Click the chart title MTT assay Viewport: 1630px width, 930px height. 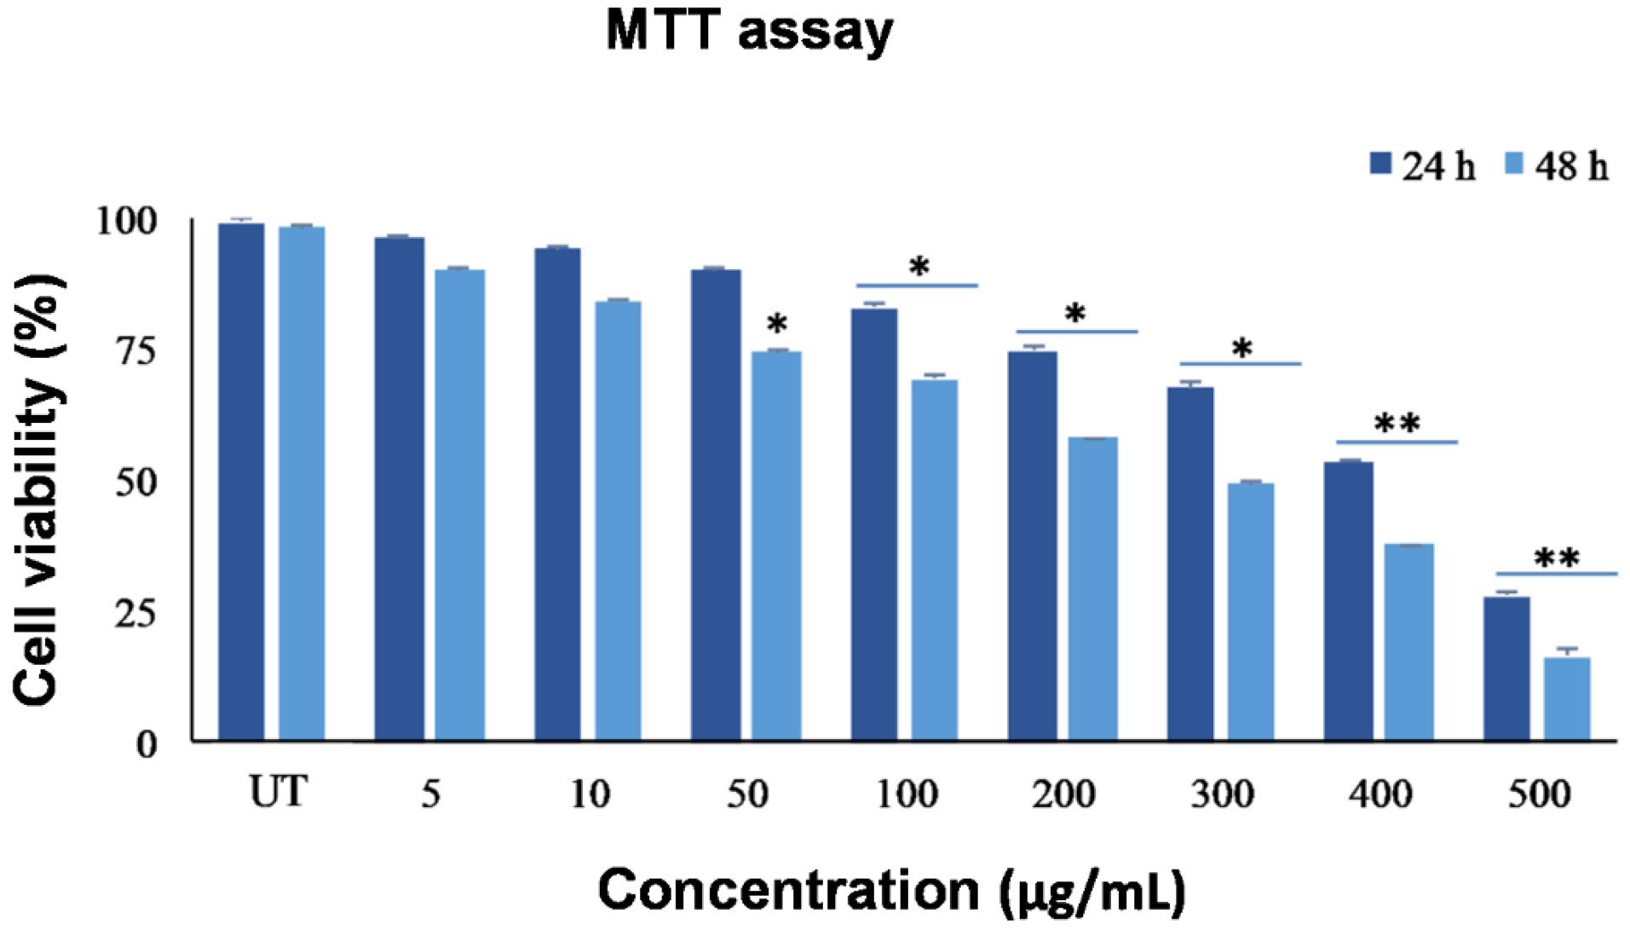749,32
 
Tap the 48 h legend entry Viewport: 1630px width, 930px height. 1556,165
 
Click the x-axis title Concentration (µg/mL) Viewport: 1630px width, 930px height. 891,890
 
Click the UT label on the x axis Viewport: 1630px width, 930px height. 277,794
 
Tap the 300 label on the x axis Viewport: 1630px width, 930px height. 1221,795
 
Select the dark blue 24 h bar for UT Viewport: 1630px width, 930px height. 241,482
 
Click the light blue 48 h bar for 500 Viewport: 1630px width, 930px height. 1566,699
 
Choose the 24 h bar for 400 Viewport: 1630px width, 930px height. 1348,601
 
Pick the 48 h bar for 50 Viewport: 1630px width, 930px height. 776,546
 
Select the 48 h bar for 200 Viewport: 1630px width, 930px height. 1092,588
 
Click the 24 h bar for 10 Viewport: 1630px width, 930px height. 557,494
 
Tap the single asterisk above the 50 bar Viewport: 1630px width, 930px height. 777,325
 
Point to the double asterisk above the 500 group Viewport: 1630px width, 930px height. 1556,559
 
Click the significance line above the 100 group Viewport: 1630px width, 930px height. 916,285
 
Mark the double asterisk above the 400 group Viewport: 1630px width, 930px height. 1397,424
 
